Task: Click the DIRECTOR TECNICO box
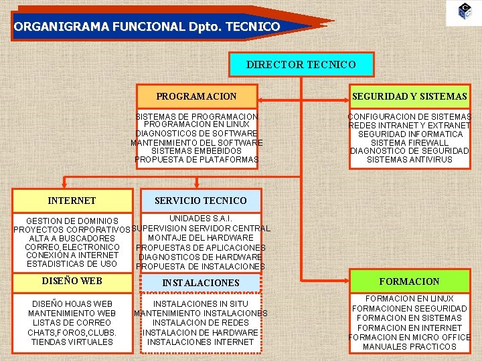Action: tap(301, 65)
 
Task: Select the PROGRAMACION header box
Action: tap(196, 96)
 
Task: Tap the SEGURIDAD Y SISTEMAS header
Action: tap(409, 96)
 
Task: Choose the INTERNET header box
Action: tap(72, 201)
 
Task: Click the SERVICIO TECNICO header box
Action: tap(200, 201)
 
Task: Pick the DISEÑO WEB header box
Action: tap(72, 281)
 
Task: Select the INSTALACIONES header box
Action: tap(200, 283)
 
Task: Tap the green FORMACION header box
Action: tap(409, 281)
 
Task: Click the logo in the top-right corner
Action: tap(465, 11)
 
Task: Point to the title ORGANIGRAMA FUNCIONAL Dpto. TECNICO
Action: tap(147, 27)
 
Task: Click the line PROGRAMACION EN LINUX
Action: tap(196, 125)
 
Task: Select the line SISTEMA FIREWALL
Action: tap(409, 142)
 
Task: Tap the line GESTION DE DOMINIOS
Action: tap(72, 221)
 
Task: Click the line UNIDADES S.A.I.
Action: tap(200, 219)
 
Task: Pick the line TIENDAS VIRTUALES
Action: tap(72, 342)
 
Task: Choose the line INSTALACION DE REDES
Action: tap(200, 323)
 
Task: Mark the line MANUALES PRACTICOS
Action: tap(409, 346)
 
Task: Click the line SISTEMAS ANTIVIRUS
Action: tap(409, 160)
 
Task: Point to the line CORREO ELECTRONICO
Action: tap(72, 247)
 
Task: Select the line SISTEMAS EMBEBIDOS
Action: tap(196, 151)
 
